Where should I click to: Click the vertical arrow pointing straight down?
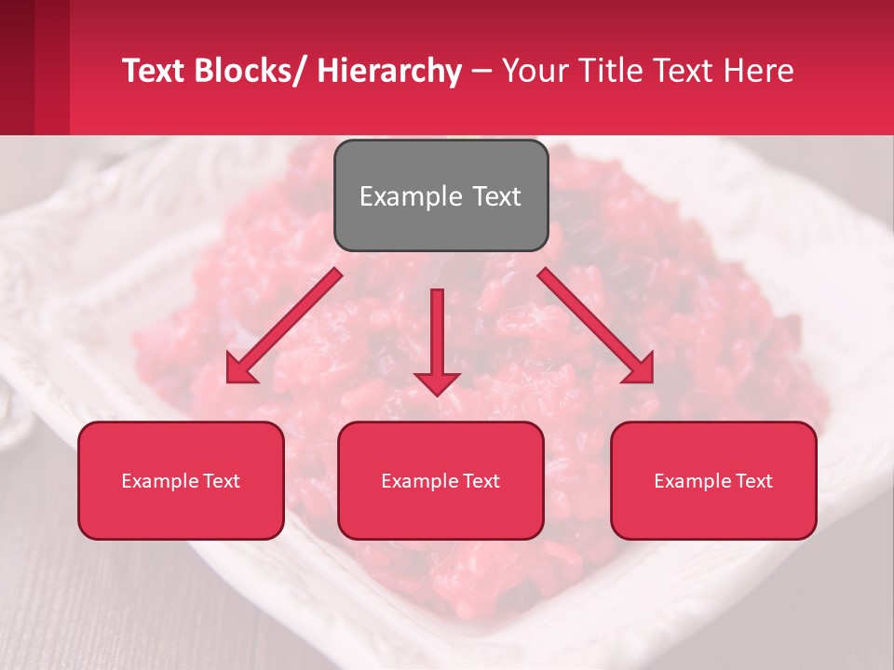437,340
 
